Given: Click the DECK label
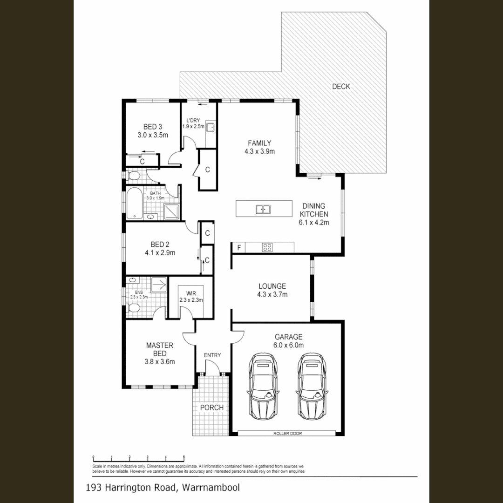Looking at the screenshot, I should (341, 86).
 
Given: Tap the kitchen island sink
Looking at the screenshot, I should (263, 209).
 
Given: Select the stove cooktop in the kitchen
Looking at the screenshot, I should (267, 247).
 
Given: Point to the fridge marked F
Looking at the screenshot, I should (239, 248).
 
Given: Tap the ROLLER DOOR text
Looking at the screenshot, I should (287, 434).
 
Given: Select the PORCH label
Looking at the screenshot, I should (212, 408).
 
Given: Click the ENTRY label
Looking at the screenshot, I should (212, 355).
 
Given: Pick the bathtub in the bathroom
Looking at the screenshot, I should (134, 203).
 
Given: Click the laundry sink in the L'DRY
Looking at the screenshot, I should (211, 127).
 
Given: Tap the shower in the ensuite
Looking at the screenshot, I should (158, 284).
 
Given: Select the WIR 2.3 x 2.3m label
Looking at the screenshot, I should (191, 297).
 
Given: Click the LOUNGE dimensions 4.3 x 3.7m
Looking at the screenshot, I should (272, 294).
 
